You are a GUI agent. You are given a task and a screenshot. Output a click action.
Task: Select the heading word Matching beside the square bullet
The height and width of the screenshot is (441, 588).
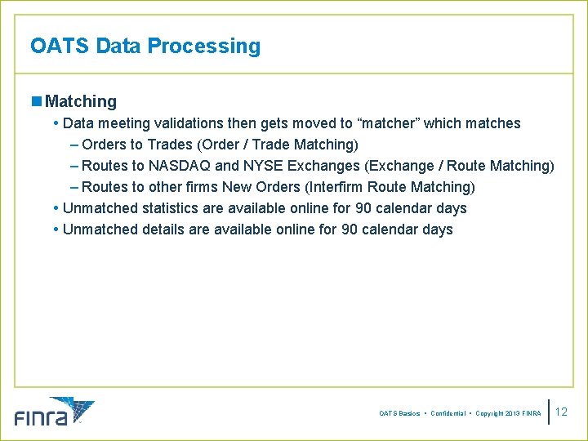coord(81,102)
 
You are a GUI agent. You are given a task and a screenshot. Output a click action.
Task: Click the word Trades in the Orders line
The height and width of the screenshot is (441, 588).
coord(169,145)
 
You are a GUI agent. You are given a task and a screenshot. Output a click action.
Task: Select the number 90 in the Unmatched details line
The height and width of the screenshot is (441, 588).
coord(336,229)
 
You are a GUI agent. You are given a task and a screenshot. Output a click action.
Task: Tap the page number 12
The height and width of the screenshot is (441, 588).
coord(561,412)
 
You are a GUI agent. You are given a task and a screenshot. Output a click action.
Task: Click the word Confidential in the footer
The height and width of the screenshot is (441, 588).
coord(448,414)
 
